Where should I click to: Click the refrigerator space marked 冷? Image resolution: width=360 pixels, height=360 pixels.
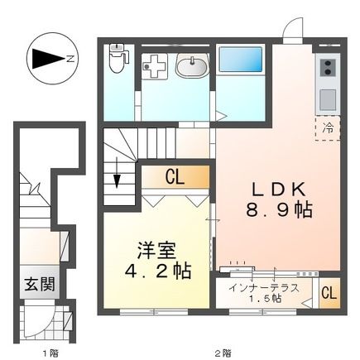(x=326, y=127)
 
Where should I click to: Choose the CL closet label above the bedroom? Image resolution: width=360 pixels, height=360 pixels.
(x=173, y=175)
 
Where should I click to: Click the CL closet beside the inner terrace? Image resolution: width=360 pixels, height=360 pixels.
(x=328, y=293)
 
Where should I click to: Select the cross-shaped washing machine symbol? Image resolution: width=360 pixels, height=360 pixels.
(x=155, y=66)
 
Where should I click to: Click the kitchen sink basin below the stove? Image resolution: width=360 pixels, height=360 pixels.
(x=327, y=97)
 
